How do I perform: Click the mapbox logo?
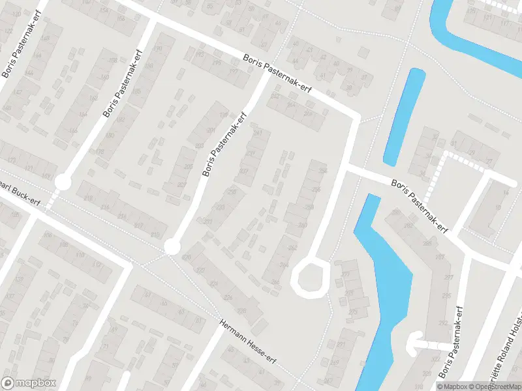(x=29, y=383)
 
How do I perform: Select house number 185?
(x=136, y=91)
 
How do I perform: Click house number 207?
(x=182, y=184)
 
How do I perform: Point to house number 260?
(x=302, y=225)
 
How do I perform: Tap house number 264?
(x=284, y=265)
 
